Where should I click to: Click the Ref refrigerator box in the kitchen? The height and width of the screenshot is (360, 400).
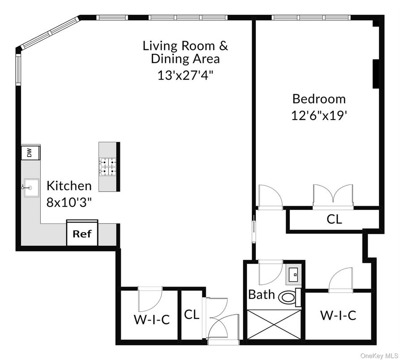pos(82,233)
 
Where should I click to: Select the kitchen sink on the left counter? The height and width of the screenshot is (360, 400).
pos(30,189)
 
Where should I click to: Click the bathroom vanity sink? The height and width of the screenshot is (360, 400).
pos(294,274)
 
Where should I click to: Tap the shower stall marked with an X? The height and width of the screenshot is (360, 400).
pos(273,325)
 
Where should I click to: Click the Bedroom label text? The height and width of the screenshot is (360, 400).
pos(319,99)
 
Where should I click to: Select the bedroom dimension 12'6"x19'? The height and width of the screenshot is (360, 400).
pos(319,115)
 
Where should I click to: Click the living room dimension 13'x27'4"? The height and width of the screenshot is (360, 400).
pos(185,75)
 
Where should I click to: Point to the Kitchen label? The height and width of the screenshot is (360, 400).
pos(69,185)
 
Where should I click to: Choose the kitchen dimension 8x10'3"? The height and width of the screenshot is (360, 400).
pos(69,202)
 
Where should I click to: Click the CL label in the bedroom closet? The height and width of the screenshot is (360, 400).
pos(334,219)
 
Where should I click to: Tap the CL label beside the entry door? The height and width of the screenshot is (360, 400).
pos(191,315)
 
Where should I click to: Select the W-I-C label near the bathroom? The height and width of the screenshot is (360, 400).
pos(338,316)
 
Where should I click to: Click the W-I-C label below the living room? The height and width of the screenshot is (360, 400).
pos(152,320)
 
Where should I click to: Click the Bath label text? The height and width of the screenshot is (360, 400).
pos(262,295)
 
